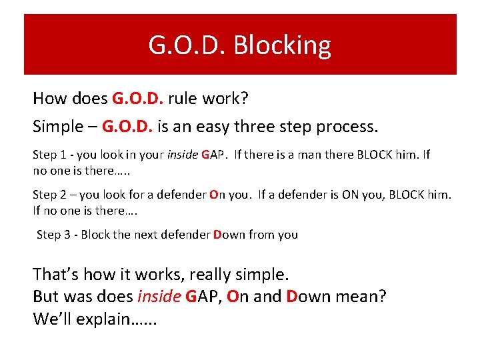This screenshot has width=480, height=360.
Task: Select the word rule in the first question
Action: click(184, 99)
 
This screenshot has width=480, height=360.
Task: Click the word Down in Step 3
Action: click(229, 234)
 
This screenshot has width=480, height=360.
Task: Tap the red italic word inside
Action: click(159, 296)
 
